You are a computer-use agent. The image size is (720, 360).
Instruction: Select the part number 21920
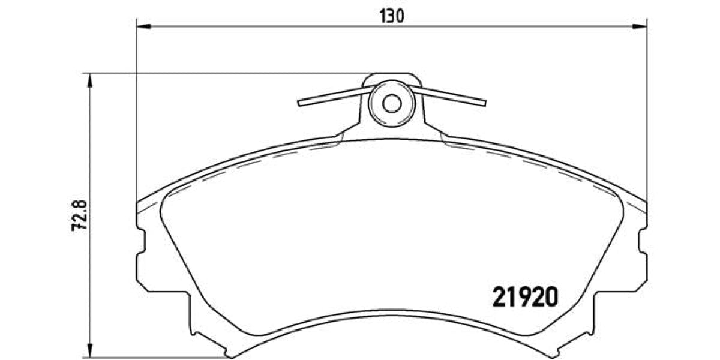525,296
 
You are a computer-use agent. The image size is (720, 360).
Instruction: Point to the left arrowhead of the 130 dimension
142,26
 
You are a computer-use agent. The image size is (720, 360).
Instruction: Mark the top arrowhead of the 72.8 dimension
90,79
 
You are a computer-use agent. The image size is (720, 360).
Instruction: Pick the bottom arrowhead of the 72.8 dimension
90,353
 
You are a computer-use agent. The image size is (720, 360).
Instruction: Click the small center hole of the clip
392,103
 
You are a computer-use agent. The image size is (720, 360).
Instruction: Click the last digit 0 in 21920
550,296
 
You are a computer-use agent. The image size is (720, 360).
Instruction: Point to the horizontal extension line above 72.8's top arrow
228,74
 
